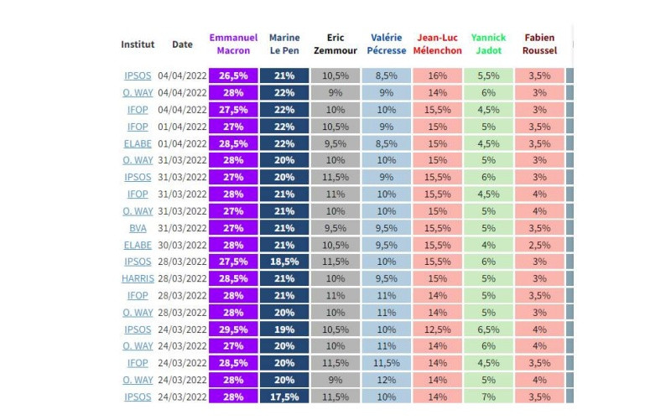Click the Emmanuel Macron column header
pos(233,44)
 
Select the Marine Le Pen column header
pos(285,44)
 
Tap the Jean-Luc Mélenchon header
pos(437,44)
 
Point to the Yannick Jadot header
pos(488,44)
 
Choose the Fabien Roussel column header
pos(539,44)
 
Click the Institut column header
pos(138,44)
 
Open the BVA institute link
pos(138,227)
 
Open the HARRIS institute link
pos(138,278)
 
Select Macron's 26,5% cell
pos(233,75)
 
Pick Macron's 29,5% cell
pos(233,329)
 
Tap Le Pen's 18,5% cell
pos(285,262)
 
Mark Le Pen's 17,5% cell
pos(285,397)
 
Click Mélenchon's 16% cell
pos(437,75)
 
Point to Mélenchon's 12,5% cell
pos(437,329)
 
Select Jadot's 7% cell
pos(488,397)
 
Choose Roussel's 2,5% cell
pos(539,245)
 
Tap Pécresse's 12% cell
pos(387,380)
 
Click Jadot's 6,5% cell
pos(488,329)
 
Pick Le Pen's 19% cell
pos(285,329)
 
